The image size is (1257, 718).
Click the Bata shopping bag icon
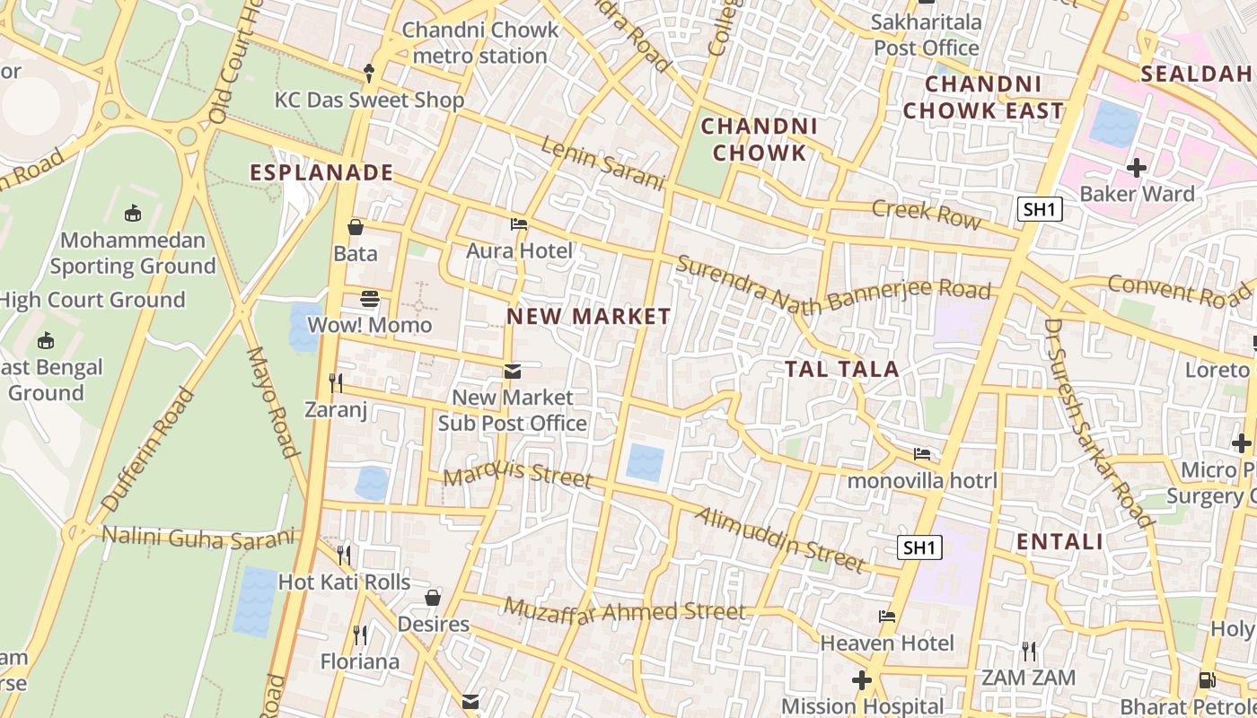[356, 228]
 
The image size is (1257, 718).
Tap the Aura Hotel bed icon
[518, 224]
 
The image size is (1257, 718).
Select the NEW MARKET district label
[588, 316]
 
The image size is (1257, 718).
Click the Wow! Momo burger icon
[370, 299]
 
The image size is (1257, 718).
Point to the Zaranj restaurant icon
[336, 383]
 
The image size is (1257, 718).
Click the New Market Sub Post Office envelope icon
[512, 371]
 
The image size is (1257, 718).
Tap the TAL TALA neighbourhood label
[841, 369]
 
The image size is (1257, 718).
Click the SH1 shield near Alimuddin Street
[919, 547]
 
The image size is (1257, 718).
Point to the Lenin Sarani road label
[602, 163]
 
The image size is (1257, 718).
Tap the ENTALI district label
[1059, 541]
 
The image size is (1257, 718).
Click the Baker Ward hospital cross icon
[1137, 168]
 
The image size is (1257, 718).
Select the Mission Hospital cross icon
[862, 680]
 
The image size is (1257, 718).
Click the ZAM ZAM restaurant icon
[1029, 651]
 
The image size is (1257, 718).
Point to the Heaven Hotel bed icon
[887, 617]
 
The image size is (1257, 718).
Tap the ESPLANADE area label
[321, 172]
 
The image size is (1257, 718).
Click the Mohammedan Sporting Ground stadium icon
[133, 214]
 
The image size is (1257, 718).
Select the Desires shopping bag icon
[433, 598]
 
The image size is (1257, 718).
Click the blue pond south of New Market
[645, 462]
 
